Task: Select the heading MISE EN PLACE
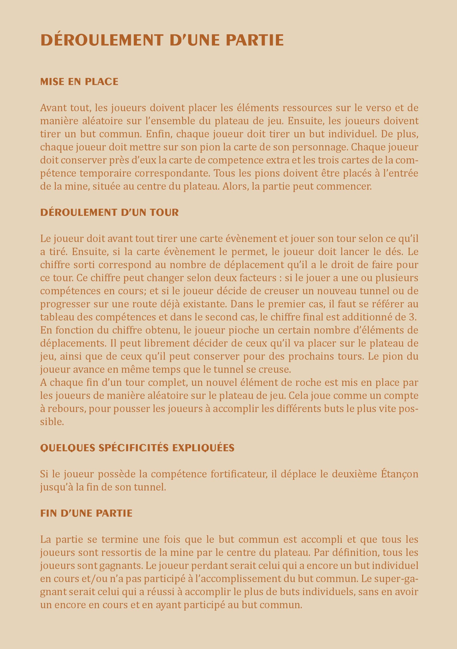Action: (x=79, y=82)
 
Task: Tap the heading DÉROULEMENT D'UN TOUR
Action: (x=109, y=212)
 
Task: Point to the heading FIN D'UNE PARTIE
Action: (x=86, y=513)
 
